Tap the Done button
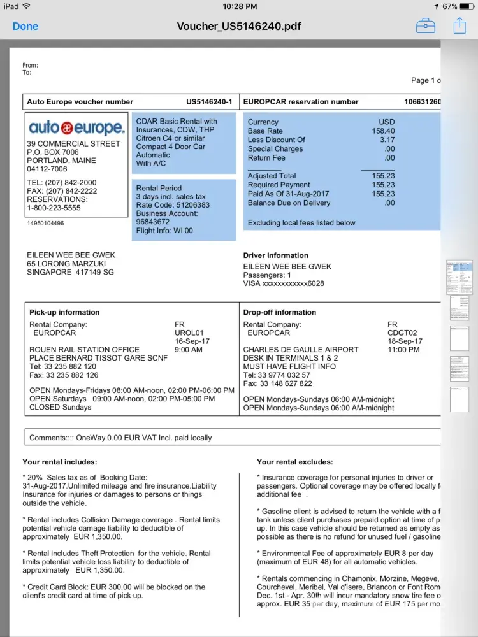coord(25,26)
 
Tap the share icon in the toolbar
coord(460,25)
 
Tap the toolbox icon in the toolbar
coord(426,25)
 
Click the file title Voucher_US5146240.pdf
coord(238,26)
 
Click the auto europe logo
coord(76,127)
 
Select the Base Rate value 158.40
coord(383,131)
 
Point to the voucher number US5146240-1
coord(209,102)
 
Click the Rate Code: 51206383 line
coord(173,206)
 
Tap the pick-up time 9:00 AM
coord(189,350)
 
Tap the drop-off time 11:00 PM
coord(404,350)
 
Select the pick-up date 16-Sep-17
coord(192,341)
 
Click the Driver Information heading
coord(275,255)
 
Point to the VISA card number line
coord(284,283)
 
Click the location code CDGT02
coord(402,333)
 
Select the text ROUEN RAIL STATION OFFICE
coord(84,350)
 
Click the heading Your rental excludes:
coord(295,462)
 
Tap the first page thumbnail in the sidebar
coord(459,276)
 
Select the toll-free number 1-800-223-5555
coord(54,208)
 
